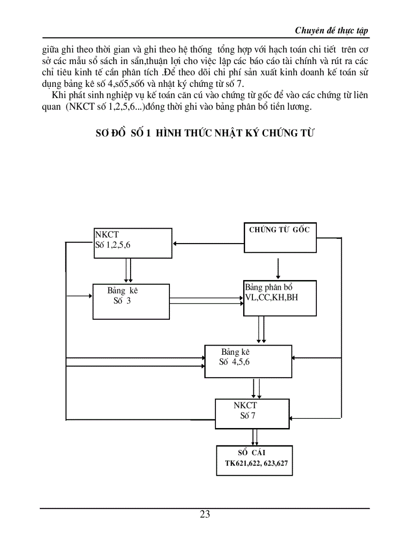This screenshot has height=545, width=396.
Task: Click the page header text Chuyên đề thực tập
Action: point(331,31)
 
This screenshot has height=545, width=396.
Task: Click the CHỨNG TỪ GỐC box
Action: point(279,238)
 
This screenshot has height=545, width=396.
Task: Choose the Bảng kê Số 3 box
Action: point(132,301)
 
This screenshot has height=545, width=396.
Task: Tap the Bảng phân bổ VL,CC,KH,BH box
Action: point(280,298)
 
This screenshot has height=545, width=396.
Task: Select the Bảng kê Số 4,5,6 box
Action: point(248,361)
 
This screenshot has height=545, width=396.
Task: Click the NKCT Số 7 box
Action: point(252,413)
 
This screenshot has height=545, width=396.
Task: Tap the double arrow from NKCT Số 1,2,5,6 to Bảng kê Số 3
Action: point(128,270)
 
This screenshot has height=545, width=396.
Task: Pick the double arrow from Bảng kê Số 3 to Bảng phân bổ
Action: point(207,301)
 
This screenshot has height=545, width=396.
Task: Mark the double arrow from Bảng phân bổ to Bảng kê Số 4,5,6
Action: point(261,330)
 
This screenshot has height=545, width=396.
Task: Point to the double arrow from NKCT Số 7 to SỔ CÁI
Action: point(254,436)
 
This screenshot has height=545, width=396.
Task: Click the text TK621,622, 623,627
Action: point(256,463)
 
